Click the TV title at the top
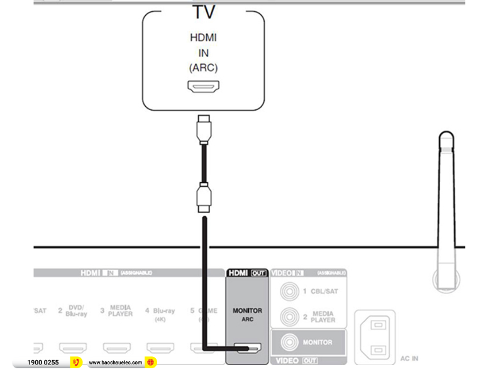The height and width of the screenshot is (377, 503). point(203,11)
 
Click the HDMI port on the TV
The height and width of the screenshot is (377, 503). point(203,87)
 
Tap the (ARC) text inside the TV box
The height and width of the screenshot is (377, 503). point(203,68)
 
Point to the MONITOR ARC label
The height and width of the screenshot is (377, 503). point(247,314)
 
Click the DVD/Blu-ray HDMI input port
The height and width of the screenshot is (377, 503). point(73,347)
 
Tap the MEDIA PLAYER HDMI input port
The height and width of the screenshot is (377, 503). point(117,347)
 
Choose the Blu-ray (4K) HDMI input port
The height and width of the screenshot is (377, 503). point(160,347)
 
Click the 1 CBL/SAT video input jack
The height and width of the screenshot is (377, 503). point(289,292)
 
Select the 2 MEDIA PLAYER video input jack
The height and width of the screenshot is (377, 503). point(289,317)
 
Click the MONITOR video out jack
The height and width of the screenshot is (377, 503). point(289,343)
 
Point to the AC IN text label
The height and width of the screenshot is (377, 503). point(409,359)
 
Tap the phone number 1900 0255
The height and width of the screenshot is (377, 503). point(43,363)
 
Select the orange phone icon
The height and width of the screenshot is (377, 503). point(75,363)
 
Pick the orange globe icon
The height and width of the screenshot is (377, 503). point(150,363)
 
